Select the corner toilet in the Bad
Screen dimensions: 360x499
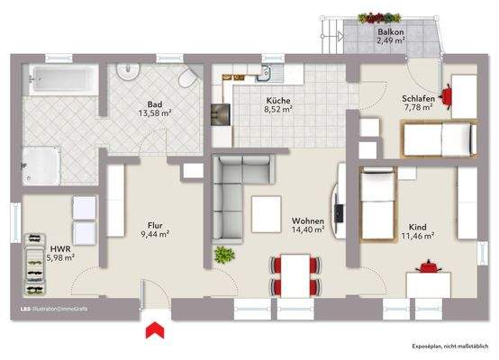tap(187, 78)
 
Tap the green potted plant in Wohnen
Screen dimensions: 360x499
tap(222, 255)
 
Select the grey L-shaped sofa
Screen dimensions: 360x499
tap(233, 193)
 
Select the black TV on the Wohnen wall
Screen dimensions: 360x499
tap(339, 212)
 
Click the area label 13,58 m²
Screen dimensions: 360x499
tap(154, 114)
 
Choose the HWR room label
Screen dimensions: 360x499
tap(60, 247)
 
